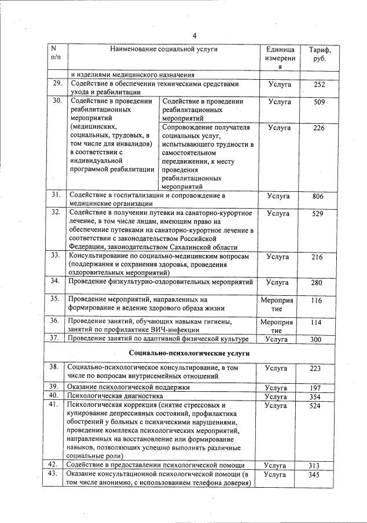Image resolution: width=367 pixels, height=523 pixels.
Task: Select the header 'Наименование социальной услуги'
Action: [x=164, y=49]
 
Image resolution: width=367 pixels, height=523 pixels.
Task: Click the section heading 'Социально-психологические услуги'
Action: [x=189, y=353]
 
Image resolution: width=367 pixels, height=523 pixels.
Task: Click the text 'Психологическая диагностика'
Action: [x=115, y=396]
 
